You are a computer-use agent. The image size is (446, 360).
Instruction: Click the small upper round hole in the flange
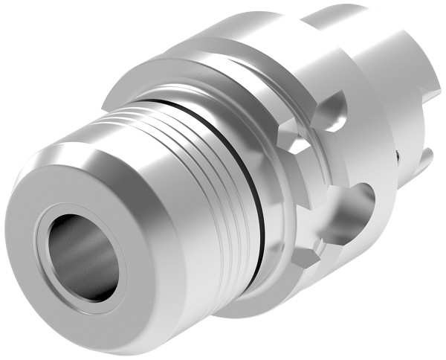click(x=334, y=111)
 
